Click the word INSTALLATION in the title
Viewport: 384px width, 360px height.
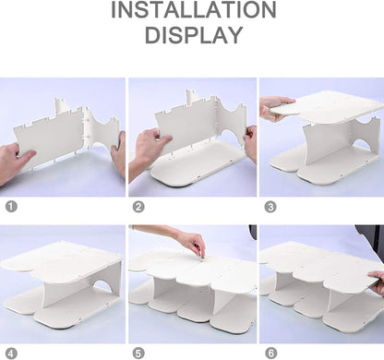(194, 9)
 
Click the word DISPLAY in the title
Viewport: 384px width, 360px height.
(194, 35)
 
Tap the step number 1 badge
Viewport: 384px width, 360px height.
(11, 207)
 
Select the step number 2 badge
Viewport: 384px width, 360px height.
(138, 207)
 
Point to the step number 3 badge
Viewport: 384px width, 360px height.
(270, 207)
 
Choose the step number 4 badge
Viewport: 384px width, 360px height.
(11, 354)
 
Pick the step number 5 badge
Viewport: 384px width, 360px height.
(138, 354)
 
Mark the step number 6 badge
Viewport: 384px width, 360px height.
(270, 354)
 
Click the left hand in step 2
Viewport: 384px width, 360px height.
(148, 150)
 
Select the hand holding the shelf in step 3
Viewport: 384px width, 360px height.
(274, 108)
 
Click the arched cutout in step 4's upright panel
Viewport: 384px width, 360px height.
(103, 286)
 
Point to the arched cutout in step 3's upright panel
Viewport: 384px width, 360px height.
(363, 145)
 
